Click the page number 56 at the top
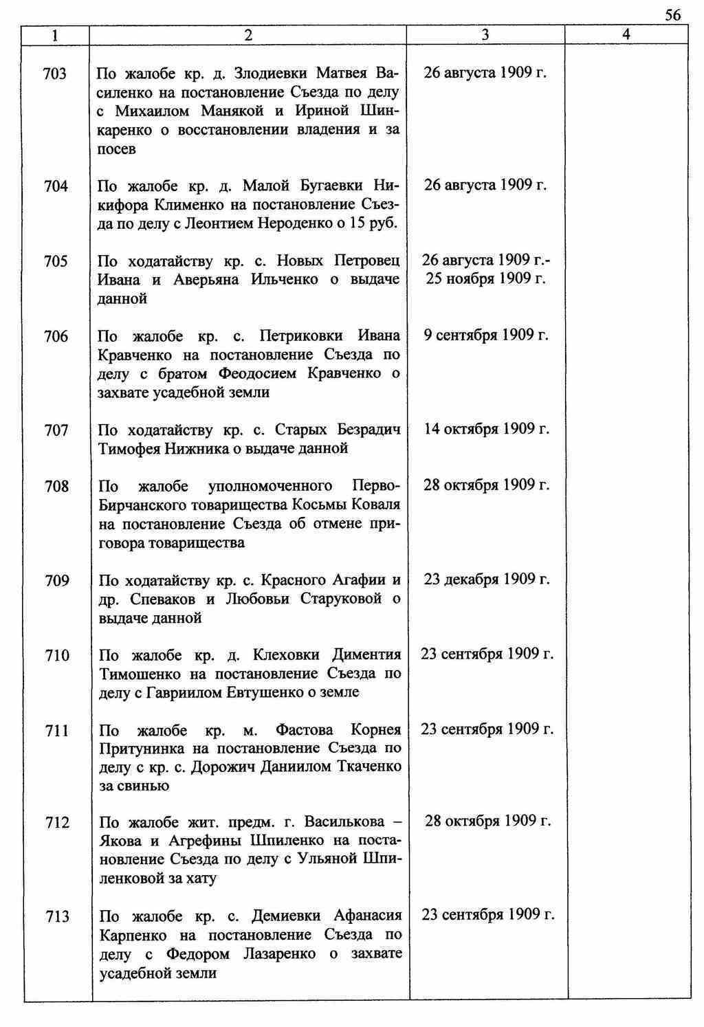tap(673, 15)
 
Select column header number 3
tap(485, 34)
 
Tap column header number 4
tap(626, 34)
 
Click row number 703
tap(55, 74)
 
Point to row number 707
tap(56, 431)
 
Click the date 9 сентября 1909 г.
tap(486, 335)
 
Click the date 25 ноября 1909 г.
tap(486, 279)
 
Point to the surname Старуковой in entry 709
tap(341, 599)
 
